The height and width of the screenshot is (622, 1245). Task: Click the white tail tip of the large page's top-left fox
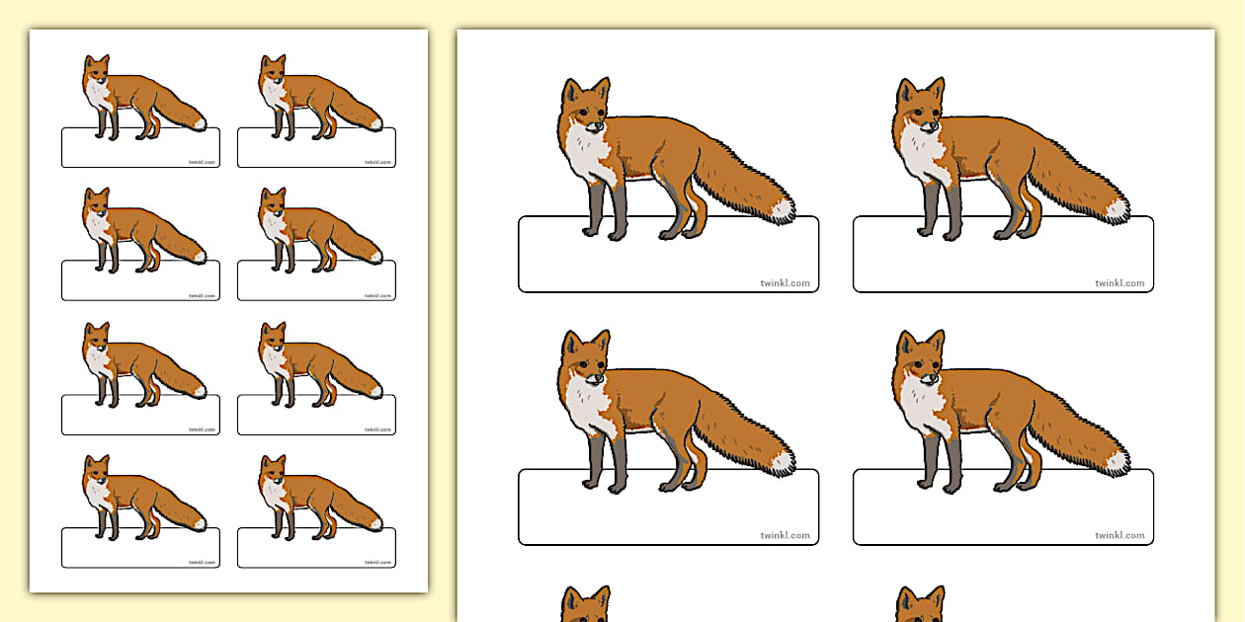tap(783, 209)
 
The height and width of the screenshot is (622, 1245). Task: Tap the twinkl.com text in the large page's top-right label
tap(1120, 283)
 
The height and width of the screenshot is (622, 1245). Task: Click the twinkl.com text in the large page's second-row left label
tap(785, 536)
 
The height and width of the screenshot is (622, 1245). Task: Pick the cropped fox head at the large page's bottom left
tap(586, 605)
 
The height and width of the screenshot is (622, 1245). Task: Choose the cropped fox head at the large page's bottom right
tap(921, 605)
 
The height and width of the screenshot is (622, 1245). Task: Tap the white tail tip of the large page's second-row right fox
tap(1118, 461)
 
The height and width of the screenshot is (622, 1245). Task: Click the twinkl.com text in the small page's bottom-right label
tap(378, 563)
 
